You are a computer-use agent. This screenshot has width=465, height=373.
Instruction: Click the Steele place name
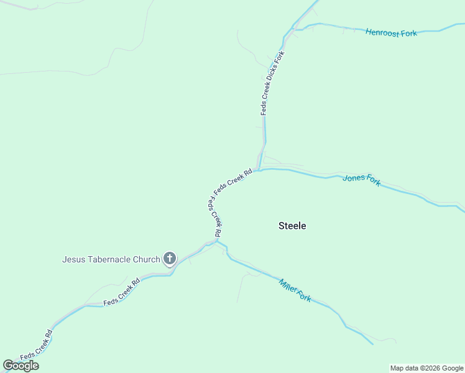[x=292, y=226]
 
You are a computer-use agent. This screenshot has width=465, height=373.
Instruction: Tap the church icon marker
[x=169, y=259]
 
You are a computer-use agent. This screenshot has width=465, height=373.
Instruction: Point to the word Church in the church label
[x=146, y=259]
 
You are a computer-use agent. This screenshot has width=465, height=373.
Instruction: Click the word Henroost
[x=382, y=32]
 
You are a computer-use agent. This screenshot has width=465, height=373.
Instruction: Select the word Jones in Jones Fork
[x=354, y=178]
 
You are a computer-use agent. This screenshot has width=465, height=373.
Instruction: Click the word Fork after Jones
[x=373, y=181]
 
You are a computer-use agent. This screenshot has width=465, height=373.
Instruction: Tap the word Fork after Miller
[x=303, y=296]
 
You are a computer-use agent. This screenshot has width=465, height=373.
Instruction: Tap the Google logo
[x=21, y=366]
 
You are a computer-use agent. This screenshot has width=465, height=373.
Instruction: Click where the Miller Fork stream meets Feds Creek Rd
[x=218, y=241]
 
